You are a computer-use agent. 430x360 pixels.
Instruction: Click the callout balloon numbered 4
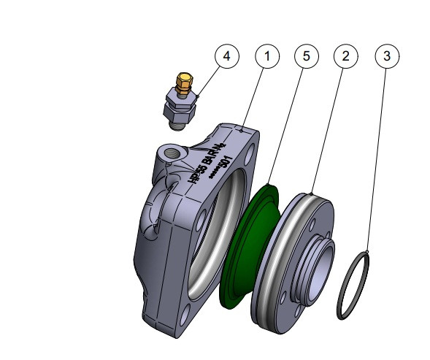click(228, 56)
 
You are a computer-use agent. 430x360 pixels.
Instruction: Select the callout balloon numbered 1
click(267, 56)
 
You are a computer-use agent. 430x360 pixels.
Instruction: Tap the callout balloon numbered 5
click(307, 56)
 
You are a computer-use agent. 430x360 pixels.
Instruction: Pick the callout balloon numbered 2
click(346, 56)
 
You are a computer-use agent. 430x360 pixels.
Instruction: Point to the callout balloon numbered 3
click(386, 56)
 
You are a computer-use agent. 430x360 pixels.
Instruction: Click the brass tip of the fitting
click(185, 79)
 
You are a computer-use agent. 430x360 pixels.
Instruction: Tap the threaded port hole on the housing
click(172, 153)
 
